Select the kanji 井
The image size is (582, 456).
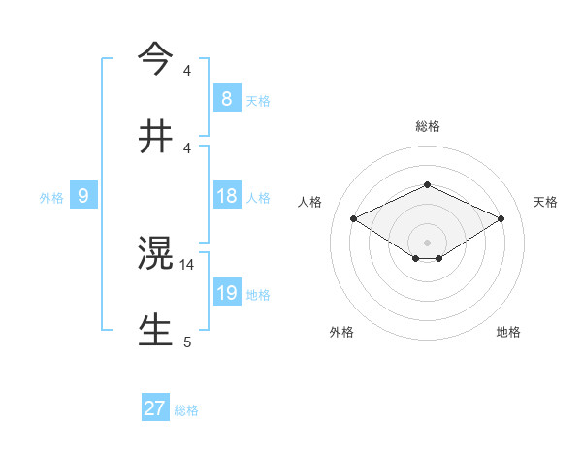point(155,136)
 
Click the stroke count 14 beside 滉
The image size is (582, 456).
point(187,264)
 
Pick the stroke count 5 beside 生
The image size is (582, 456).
point(187,342)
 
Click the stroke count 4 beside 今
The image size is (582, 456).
point(187,71)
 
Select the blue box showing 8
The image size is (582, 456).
point(226,99)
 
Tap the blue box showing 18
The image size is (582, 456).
point(226,196)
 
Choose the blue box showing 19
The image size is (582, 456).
point(226,293)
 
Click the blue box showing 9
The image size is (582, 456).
point(83,196)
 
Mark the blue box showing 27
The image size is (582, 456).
point(155,408)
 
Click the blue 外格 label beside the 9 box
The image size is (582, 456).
point(51,197)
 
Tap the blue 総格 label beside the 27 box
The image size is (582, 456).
point(186,410)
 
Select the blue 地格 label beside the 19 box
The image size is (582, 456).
point(258,294)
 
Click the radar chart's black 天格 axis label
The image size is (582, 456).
point(545,202)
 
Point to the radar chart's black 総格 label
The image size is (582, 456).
point(427,126)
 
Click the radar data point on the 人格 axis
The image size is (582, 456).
point(353,218)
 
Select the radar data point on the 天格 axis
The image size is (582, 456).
point(501,218)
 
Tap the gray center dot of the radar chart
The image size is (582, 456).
point(427,242)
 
